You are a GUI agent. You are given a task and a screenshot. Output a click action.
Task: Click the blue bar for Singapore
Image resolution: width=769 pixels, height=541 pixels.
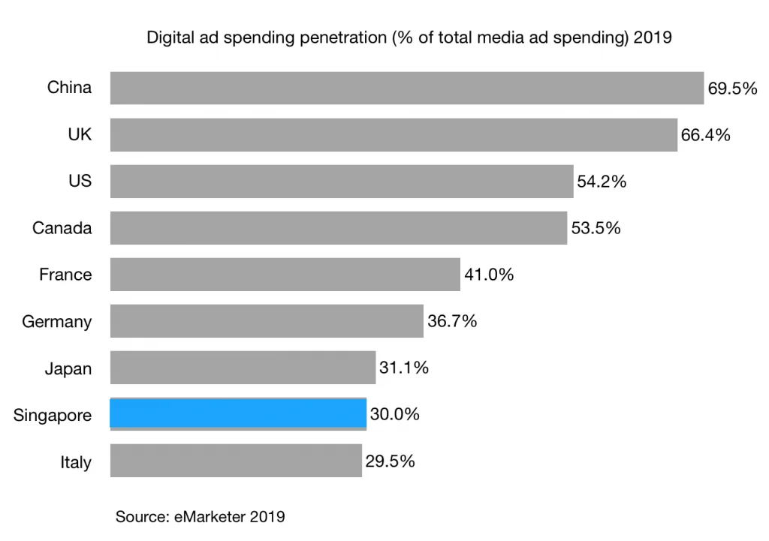238,413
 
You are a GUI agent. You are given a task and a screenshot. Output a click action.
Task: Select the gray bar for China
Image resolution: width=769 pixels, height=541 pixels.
406,88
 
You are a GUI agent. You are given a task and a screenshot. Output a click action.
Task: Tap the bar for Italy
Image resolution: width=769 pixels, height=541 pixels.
236,461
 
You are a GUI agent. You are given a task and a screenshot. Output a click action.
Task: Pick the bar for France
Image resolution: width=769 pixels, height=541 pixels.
285,275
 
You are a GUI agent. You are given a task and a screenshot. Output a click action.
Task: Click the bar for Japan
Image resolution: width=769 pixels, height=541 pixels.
243,368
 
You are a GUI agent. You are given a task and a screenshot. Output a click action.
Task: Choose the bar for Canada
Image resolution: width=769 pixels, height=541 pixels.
338,228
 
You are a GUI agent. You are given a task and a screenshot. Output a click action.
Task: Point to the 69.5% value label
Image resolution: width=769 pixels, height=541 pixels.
732,89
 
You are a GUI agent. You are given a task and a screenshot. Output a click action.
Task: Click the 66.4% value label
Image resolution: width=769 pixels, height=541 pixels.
705,135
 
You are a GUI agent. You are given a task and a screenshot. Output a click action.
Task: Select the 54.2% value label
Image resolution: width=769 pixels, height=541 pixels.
602,182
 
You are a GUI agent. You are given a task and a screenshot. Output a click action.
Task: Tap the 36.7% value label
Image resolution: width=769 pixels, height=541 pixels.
452,321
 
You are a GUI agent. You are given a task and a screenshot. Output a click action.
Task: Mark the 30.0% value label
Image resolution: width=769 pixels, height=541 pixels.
394,414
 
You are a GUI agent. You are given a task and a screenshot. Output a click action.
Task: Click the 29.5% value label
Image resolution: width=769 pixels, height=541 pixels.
390,461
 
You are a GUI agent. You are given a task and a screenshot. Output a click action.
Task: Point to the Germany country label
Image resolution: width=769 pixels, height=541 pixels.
57,322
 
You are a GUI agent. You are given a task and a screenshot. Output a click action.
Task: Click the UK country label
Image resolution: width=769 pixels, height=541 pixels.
80,135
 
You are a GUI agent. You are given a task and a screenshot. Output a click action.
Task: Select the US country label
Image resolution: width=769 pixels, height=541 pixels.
80,182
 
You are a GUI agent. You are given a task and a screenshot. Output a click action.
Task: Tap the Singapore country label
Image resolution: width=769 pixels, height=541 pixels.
53,415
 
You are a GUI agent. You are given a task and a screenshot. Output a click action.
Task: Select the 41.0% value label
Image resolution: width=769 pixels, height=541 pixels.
489,275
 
